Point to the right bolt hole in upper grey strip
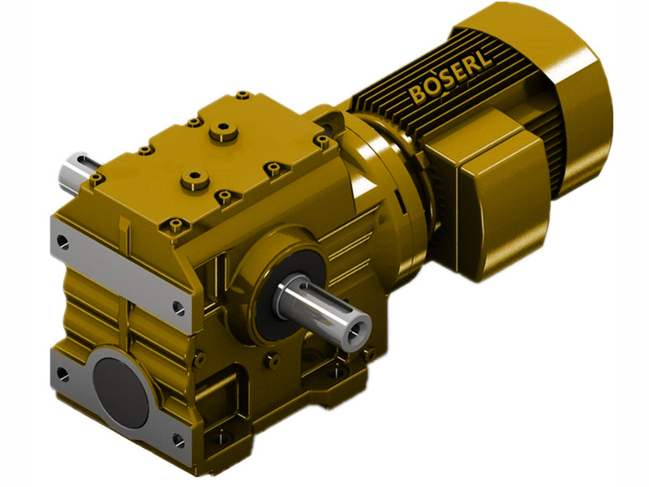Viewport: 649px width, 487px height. (178, 306)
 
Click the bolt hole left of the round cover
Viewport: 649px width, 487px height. (62, 373)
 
